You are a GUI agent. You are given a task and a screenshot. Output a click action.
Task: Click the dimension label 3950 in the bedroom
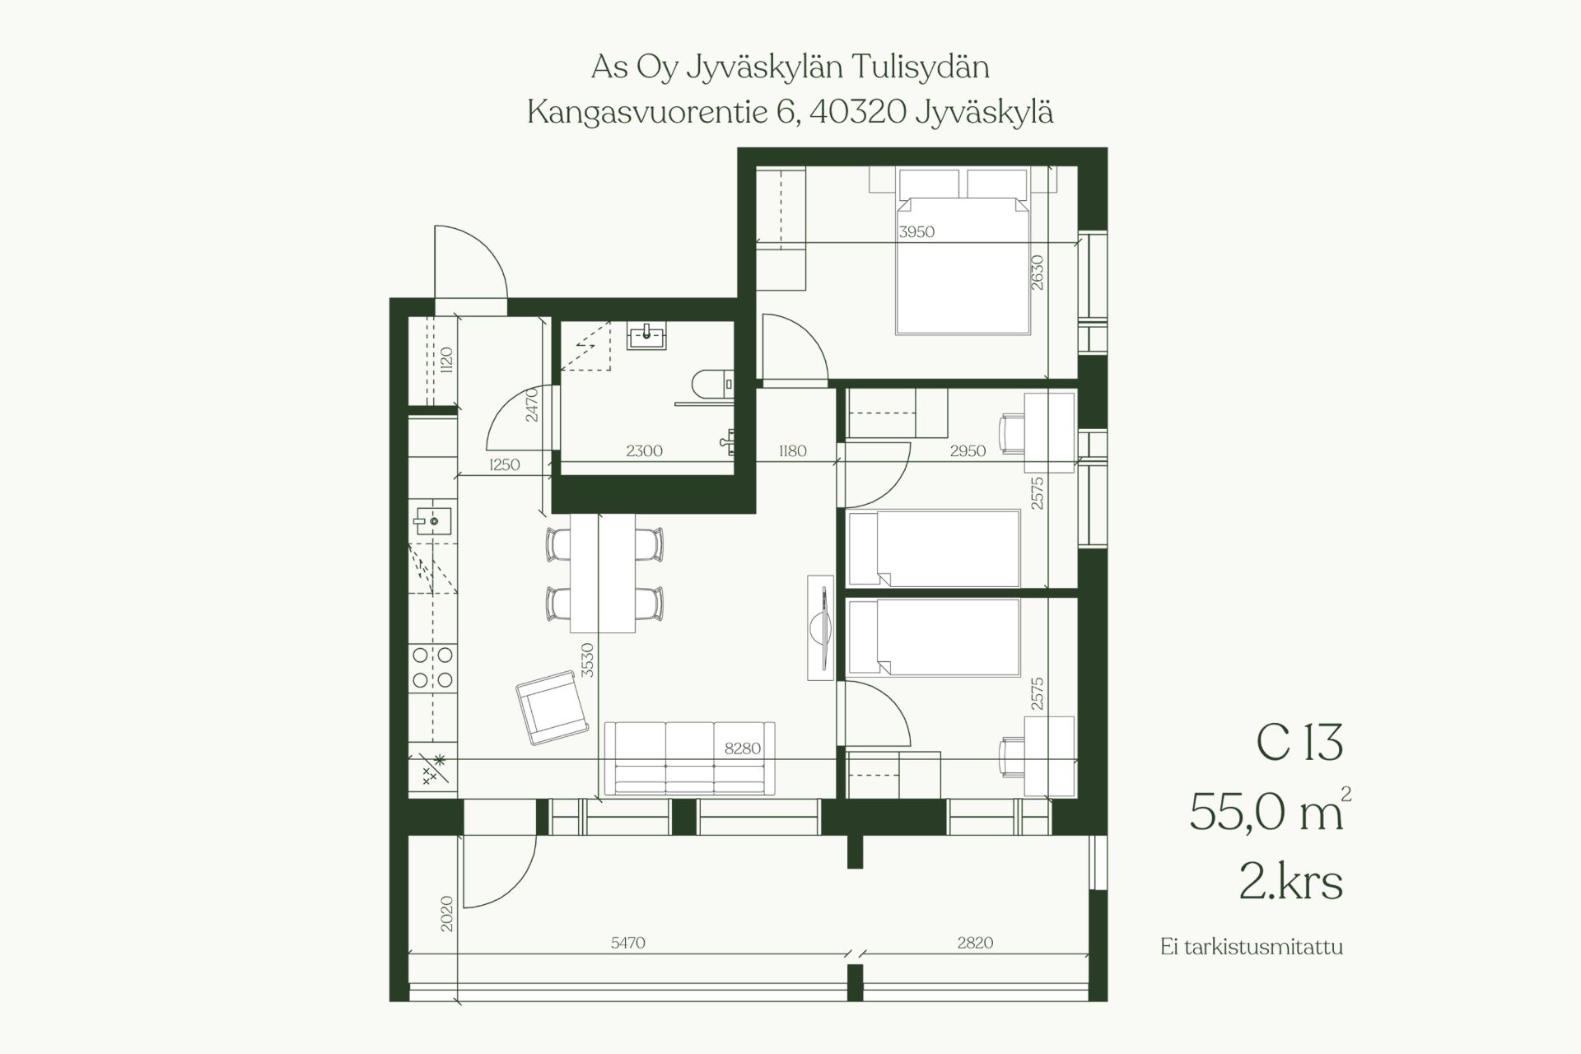tap(916, 232)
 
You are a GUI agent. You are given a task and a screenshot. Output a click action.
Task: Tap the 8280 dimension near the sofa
tap(743, 749)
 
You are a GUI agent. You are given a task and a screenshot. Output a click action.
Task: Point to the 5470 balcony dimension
tap(628, 943)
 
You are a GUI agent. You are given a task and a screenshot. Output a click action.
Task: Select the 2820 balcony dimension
tap(975, 943)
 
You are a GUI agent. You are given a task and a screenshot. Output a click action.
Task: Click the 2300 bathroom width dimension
tap(644, 451)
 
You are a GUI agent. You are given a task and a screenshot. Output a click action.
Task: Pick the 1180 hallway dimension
tap(792, 451)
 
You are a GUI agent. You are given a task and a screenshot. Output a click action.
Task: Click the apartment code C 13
tap(1299, 743)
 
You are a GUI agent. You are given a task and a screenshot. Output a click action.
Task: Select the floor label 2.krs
tap(1290, 882)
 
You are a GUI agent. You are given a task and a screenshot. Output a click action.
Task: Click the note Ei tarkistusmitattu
tap(1252, 947)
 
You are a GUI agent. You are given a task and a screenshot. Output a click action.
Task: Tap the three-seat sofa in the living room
tap(689, 758)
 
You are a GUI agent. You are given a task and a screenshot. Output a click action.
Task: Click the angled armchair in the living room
tap(552, 707)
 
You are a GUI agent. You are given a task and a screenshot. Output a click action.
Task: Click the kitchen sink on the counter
tap(432, 520)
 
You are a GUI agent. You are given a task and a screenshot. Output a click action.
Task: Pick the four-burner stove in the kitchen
tap(433, 668)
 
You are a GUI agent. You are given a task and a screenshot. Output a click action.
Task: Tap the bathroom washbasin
tap(647, 335)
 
